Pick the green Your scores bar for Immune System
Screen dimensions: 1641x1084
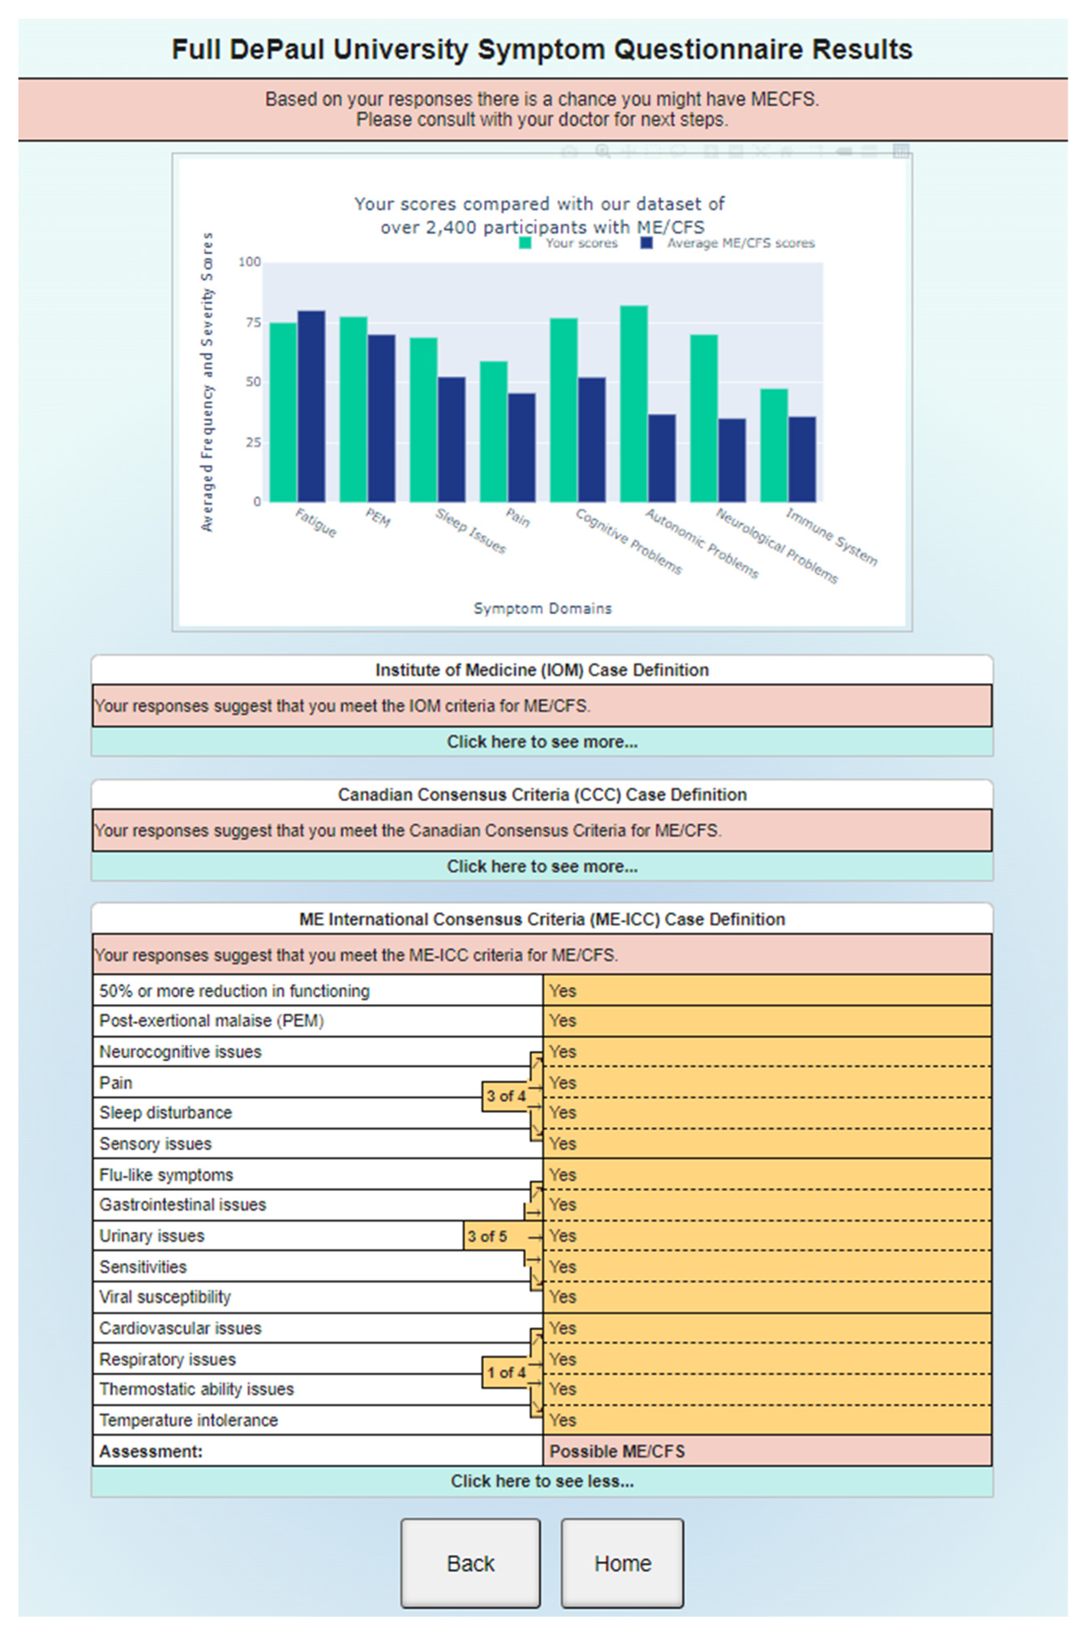pyautogui.click(x=773, y=445)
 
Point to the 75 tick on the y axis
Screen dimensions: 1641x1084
pyautogui.click(x=253, y=322)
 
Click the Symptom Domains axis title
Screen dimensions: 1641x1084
pyautogui.click(x=543, y=608)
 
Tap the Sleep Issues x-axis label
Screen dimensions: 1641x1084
pyautogui.click(x=471, y=531)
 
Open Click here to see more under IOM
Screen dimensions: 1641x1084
pyautogui.click(x=542, y=742)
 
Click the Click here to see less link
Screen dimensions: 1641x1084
pyautogui.click(x=542, y=1481)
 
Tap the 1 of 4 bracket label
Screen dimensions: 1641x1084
pyautogui.click(x=506, y=1372)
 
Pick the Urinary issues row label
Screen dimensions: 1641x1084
pyautogui.click(x=152, y=1236)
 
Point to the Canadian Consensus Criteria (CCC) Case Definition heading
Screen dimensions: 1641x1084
pyautogui.click(x=542, y=794)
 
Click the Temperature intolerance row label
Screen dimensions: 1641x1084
pyautogui.click(x=189, y=1420)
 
